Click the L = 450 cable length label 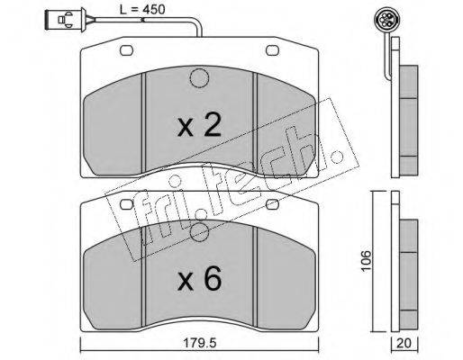142,10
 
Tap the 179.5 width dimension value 201,343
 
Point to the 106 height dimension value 366,260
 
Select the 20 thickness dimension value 404,343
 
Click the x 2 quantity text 200,126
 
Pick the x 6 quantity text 200,279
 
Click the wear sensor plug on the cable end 65,20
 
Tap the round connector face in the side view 384,20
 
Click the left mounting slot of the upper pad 126,50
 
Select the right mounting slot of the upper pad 272,50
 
